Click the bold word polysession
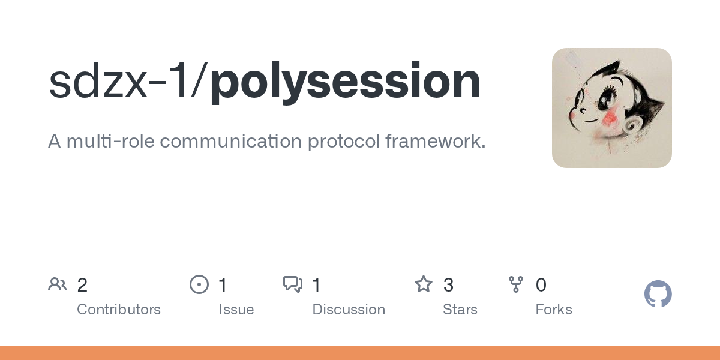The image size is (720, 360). point(345,83)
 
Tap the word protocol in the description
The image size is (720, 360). point(344,142)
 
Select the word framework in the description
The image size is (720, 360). point(436,141)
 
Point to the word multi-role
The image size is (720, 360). point(110,141)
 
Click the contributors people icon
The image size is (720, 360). point(58,284)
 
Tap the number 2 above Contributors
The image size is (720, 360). point(82,285)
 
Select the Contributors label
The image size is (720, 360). point(119,310)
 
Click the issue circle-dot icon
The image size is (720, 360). point(199,284)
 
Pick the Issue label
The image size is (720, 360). point(236,310)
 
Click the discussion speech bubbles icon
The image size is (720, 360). point(293,284)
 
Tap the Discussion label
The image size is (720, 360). point(349,310)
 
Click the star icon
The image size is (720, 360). point(424,284)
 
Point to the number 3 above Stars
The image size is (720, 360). point(448,285)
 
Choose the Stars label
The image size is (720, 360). point(460,310)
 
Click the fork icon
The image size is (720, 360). point(516,284)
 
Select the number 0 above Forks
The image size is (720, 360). point(541,285)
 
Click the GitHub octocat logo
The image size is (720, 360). point(658,294)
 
